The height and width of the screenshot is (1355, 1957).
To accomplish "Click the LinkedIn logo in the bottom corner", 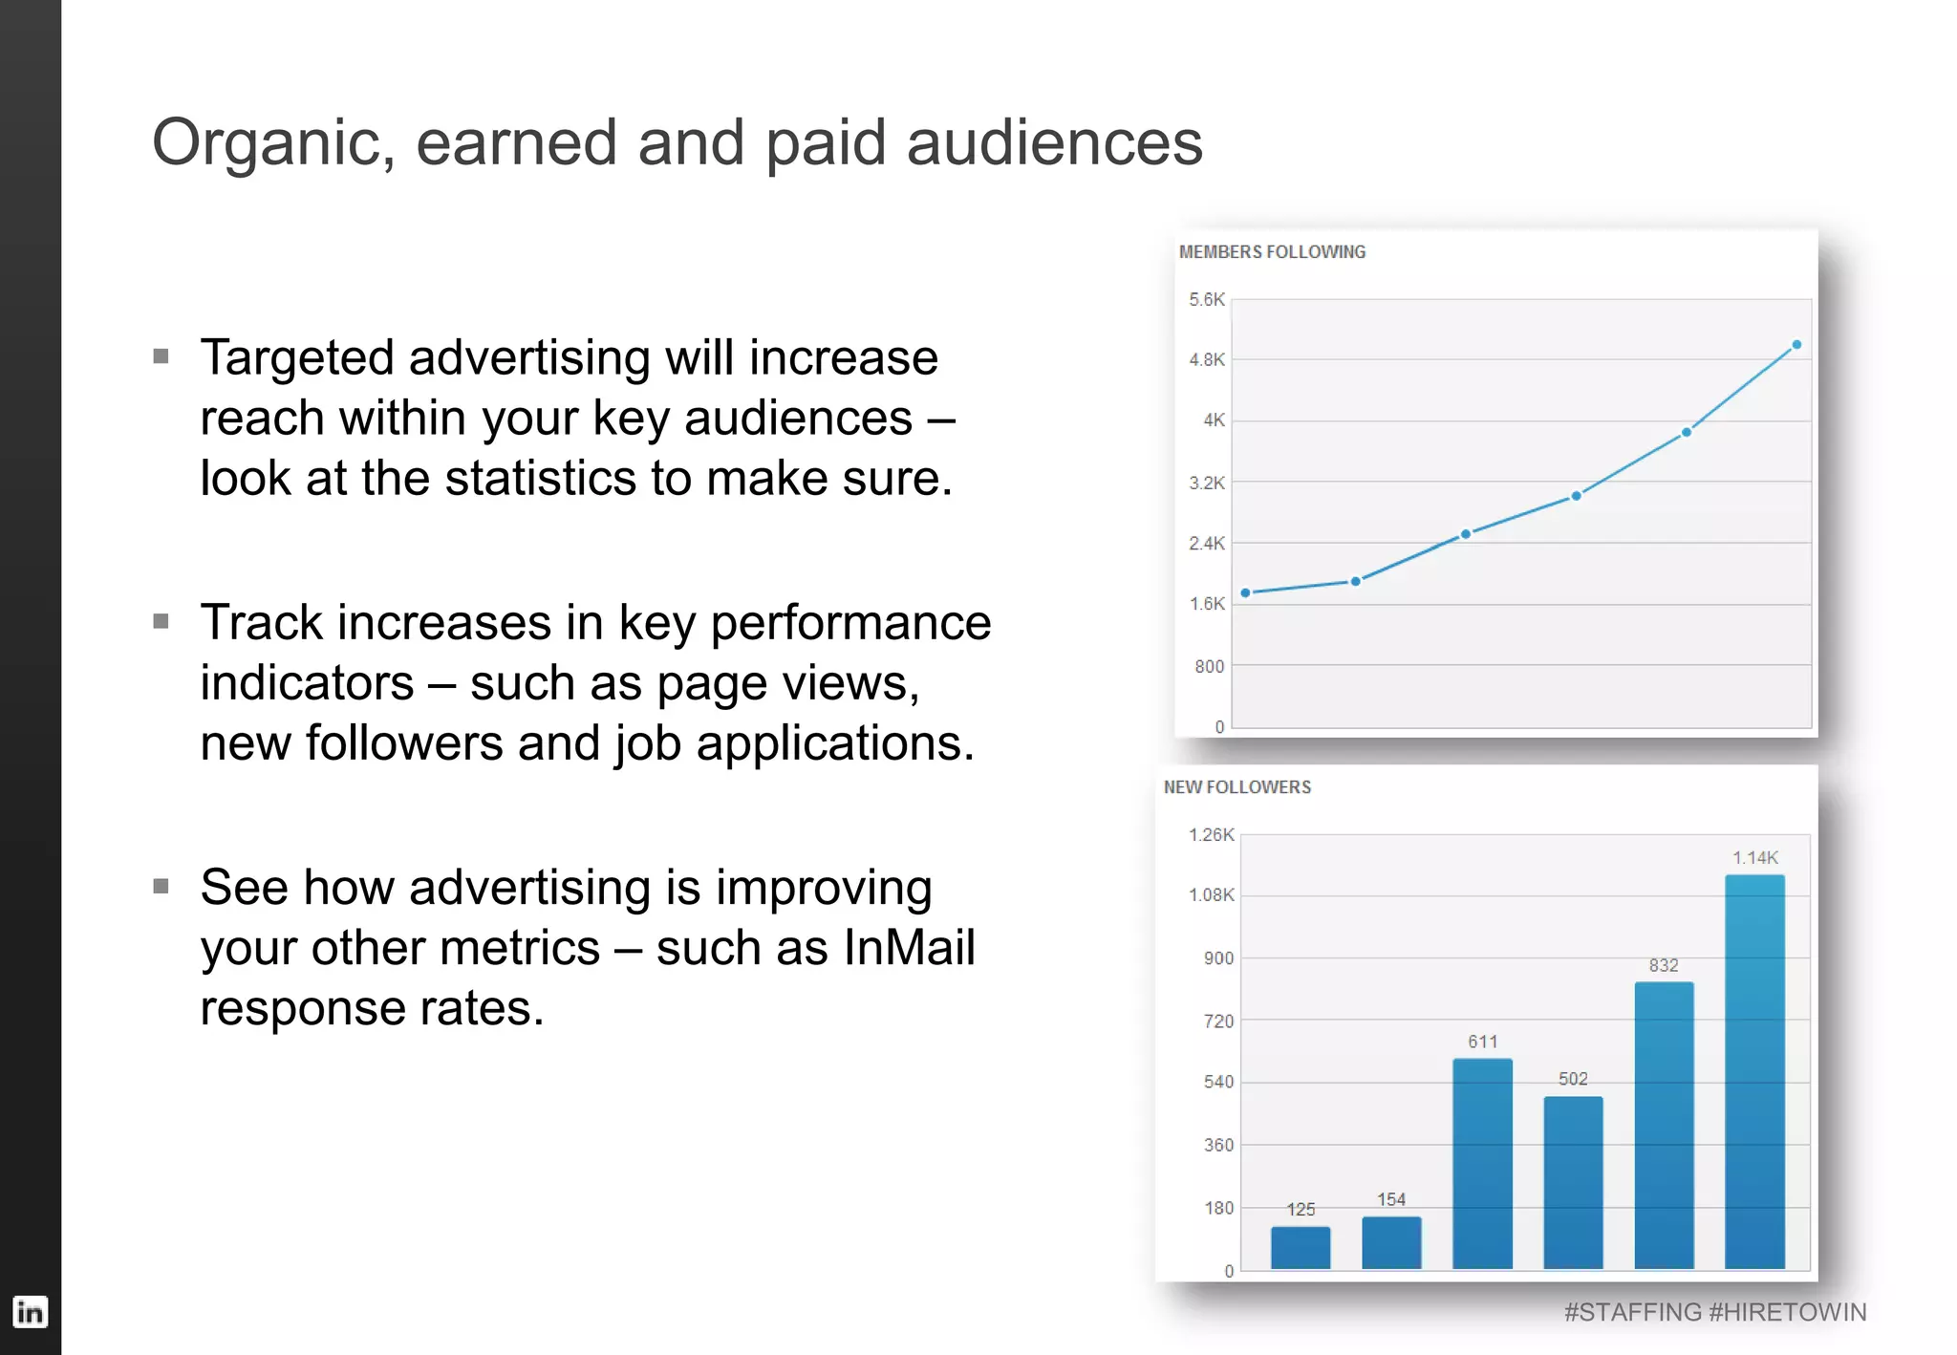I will [x=30, y=1311].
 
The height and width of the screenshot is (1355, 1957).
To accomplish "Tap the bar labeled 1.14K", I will [x=1754, y=1070].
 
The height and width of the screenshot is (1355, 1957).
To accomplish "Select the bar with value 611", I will [x=1482, y=1163].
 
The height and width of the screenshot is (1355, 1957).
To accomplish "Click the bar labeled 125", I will [x=1301, y=1247].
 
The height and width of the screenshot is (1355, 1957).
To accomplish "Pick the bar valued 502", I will [x=1573, y=1182].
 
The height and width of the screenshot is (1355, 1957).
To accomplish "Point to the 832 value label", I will [x=1664, y=965].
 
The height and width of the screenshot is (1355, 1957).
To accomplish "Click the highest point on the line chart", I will [x=1796, y=344].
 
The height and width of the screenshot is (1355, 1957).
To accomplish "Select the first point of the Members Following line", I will [x=1245, y=592].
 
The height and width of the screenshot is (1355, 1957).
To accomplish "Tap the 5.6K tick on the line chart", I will [x=1206, y=299].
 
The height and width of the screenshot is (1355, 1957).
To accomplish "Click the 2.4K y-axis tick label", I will [x=1206, y=543].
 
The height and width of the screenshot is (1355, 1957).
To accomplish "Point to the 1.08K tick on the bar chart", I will [x=1211, y=894].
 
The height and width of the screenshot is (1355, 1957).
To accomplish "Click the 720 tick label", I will [x=1218, y=1021].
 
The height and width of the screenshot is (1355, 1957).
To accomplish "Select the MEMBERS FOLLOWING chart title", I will [x=1272, y=251].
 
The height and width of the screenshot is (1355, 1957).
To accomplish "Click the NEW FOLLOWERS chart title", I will [x=1237, y=786].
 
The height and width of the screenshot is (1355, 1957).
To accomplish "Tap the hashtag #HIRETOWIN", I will [x=1787, y=1312].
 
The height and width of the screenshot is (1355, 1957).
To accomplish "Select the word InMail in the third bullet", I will [x=909, y=948].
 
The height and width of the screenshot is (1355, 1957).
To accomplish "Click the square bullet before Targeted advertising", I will [x=161, y=356].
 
